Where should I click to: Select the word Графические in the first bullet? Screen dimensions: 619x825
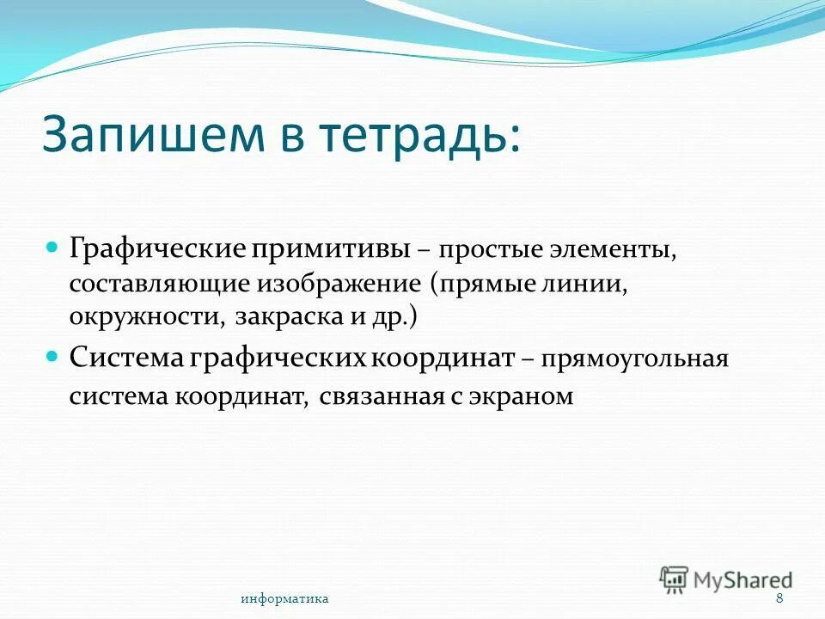tap(158, 250)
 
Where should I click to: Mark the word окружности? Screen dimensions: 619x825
tap(145, 317)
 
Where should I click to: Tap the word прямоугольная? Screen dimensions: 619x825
tap(634, 359)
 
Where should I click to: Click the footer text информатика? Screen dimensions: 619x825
tap(284, 598)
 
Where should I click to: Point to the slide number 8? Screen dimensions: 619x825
tap(779, 598)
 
